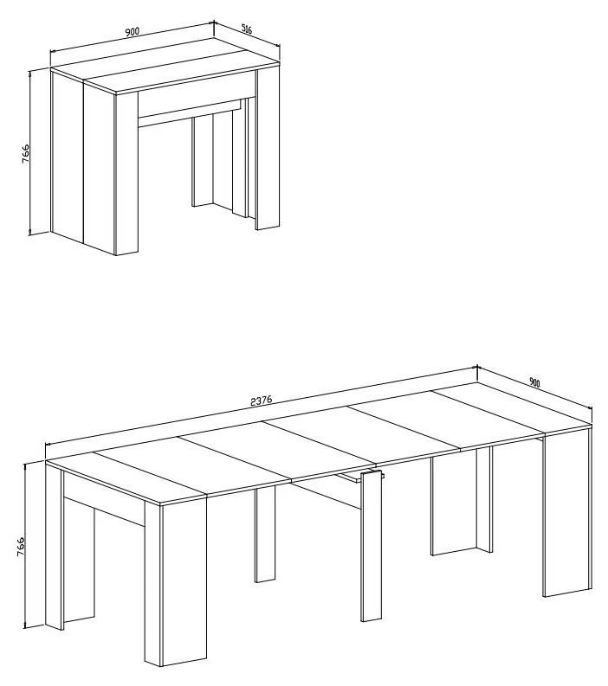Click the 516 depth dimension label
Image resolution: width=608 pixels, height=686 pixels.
point(247,29)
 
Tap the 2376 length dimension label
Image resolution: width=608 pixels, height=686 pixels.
point(261,400)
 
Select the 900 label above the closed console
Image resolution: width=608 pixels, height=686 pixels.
point(132,31)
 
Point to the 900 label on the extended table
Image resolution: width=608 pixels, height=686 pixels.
point(534,382)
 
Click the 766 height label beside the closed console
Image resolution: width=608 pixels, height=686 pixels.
point(25,153)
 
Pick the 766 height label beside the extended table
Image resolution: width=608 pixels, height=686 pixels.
point(21,547)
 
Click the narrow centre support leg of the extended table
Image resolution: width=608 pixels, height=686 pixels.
point(371,546)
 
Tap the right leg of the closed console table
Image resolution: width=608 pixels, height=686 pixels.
point(268,149)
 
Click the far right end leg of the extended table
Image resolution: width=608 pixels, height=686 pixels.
point(567,512)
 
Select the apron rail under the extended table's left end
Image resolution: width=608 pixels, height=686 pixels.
point(104,499)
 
